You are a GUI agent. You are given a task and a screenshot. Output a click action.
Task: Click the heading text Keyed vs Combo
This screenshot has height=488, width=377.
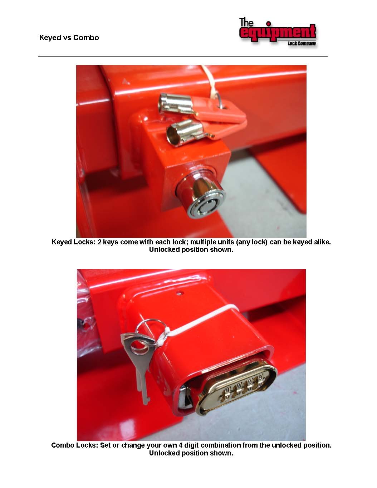click(69, 38)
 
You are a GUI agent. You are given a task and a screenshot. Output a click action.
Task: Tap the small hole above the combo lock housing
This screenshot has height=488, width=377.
click(180, 293)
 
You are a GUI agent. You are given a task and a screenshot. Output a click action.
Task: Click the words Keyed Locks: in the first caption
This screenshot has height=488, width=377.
click(74, 242)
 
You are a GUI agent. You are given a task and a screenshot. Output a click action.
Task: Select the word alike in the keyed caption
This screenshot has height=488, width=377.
click(321, 242)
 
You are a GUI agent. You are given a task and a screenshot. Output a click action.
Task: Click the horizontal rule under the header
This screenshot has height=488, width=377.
click(183, 56)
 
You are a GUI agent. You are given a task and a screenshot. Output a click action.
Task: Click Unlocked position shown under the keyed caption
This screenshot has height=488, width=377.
click(191, 250)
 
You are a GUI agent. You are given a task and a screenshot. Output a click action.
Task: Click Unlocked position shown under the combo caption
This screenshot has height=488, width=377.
click(191, 453)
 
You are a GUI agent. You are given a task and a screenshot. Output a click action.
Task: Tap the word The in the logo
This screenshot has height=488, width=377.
click(246, 23)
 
